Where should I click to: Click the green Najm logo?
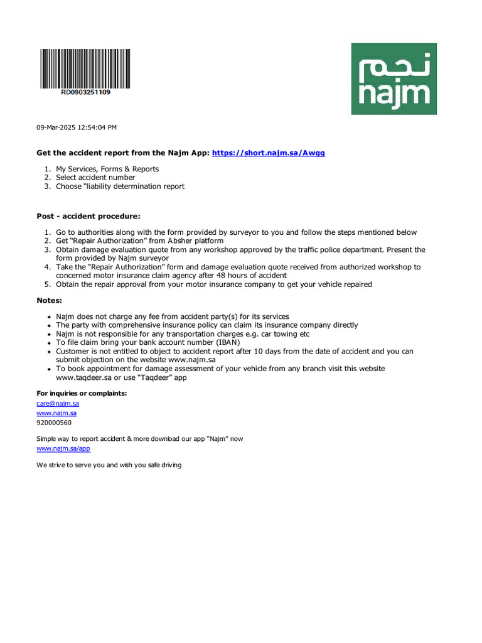point(394,78)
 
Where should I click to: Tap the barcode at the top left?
point(85,68)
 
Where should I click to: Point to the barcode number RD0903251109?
point(85,92)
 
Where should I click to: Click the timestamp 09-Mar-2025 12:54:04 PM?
point(77,127)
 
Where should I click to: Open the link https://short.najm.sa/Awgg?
point(269,153)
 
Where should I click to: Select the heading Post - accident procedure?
point(88,216)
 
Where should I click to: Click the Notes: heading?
point(50,300)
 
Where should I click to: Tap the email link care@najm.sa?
point(58,403)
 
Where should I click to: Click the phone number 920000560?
point(54,423)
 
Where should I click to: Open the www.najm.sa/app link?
point(63,449)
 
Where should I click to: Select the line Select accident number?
point(95,178)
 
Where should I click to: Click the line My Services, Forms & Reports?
point(107,169)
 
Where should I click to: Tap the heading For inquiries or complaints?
point(82,393)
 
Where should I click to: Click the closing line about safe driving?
point(109,465)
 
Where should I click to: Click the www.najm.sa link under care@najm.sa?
point(56,413)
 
